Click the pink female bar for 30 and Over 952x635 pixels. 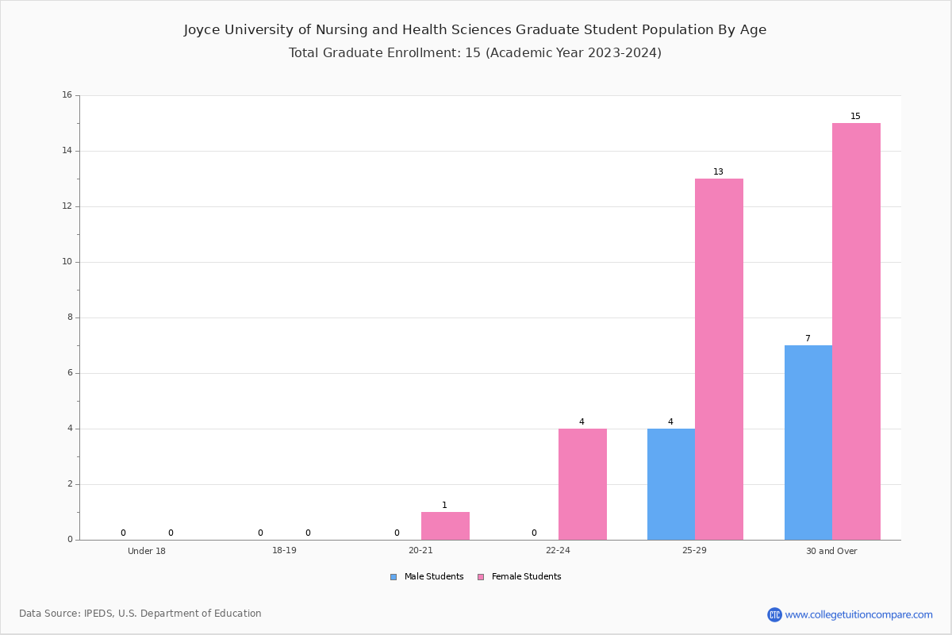(x=856, y=331)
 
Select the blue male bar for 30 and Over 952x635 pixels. (x=808, y=442)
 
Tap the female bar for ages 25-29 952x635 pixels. (x=719, y=359)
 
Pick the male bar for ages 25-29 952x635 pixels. (x=671, y=484)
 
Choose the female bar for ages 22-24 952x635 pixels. (x=582, y=484)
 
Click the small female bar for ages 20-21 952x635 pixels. (x=445, y=525)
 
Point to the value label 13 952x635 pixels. (x=718, y=171)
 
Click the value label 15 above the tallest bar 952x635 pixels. (x=855, y=116)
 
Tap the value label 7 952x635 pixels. (x=808, y=338)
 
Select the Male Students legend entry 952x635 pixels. (x=427, y=576)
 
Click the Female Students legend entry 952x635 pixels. (x=520, y=576)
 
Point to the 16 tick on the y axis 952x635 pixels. (x=67, y=94)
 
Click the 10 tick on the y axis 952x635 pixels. (x=67, y=262)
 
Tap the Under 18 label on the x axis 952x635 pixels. (x=147, y=551)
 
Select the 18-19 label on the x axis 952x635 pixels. (x=284, y=550)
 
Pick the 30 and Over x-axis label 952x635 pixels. (x=831, y=551)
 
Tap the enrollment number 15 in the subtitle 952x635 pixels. (x=473, y=52)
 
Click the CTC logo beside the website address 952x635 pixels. (x=774, y=614)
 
